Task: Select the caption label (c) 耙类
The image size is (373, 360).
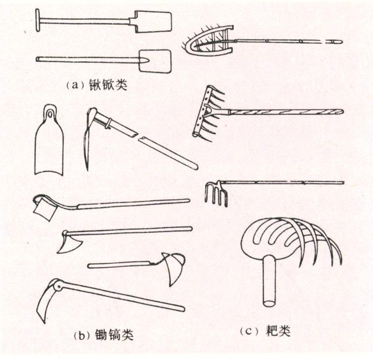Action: tap(265, 331)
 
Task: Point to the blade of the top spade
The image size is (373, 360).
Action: tap(157, 21)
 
